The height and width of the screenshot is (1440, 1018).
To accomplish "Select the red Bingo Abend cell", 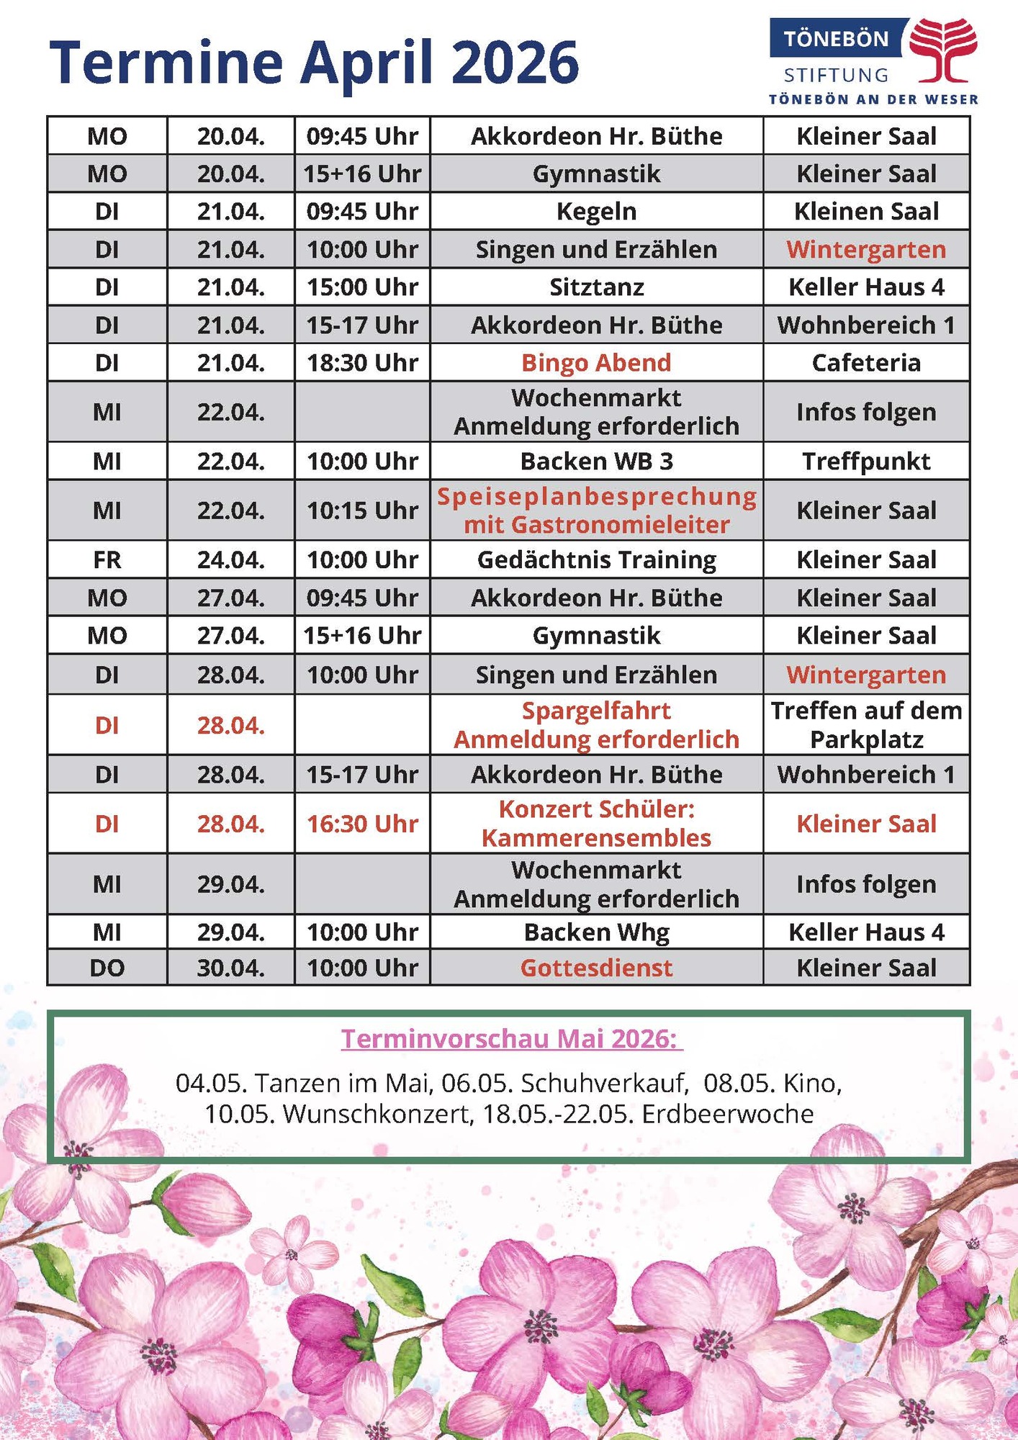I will point(596,362).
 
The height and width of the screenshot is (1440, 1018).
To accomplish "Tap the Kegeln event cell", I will point(596,212).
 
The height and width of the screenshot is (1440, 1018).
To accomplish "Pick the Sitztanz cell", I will point(596,287).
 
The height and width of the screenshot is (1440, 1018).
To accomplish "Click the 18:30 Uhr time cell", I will point(362,362).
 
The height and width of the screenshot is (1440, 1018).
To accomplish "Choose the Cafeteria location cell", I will point(866,362).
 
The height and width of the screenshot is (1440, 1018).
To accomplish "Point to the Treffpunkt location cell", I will point(866,461).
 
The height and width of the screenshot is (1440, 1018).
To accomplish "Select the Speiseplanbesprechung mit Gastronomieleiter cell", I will point(596,510).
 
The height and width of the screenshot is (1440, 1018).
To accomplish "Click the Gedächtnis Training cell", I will point(596,559).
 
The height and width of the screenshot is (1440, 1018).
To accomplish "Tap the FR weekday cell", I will point(107,559).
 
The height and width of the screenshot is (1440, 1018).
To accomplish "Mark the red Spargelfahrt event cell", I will point(596,724).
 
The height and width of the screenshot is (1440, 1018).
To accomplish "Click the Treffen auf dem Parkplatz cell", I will point(866,724).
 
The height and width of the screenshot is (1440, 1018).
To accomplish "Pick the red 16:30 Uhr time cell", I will point(362,824).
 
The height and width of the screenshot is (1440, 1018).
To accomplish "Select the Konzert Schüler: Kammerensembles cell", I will point(596,824).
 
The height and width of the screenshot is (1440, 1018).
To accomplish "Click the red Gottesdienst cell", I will point(596,968).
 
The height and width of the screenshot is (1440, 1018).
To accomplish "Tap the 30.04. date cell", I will point(230,968).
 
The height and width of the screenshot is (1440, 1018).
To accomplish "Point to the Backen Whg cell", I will point(596,932).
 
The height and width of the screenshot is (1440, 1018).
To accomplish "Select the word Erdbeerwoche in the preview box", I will point(728,1114).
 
